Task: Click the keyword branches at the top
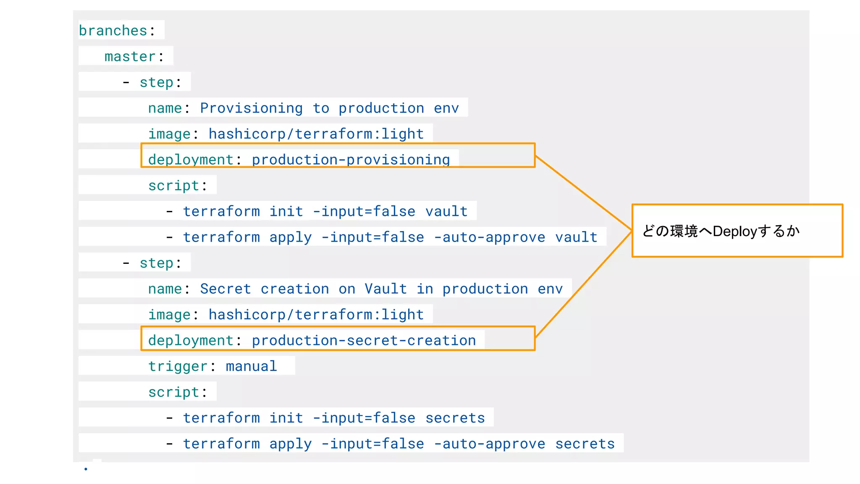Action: [113, 31]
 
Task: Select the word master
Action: [130, 57]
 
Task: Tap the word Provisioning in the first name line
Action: [251, 108]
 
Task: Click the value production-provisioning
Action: [351, 160]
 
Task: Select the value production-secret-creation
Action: [364, 341]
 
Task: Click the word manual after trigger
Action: [251, 366]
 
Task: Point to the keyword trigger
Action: [178, 366]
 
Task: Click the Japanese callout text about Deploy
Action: [721, 231]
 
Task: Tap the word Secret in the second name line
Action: [225, 289]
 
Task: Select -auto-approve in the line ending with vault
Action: [489, 237]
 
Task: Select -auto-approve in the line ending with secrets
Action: [489, 444]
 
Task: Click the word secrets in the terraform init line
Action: [455, 418]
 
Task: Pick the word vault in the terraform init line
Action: [446, 211]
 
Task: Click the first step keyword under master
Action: [156, 82]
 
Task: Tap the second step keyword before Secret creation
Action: [156, 263]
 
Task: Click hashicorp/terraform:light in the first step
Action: [316, 134]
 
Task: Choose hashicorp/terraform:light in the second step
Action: [316, 315]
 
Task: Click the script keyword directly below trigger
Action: [173, 392]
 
